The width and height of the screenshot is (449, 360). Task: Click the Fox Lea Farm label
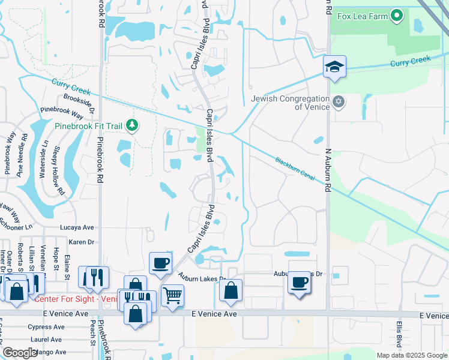tap(363, 16)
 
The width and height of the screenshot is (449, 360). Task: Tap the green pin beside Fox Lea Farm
tap(396, 16)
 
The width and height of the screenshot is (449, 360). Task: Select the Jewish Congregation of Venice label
tap(291, 103)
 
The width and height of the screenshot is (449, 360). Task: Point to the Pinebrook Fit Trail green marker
tap(132, 126)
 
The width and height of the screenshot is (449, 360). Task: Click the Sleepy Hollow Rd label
tap(59, 171)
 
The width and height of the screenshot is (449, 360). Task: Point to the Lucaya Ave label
tap(77, 228)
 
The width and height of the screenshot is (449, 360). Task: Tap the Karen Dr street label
tap(82, 242)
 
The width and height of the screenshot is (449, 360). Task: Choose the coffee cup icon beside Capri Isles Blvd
tap(160, 263)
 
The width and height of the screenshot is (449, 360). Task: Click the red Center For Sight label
tap(75, 299)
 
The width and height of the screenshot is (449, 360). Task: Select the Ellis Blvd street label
tap(399, 334)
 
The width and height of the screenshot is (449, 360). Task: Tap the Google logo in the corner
tap(19, 353)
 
